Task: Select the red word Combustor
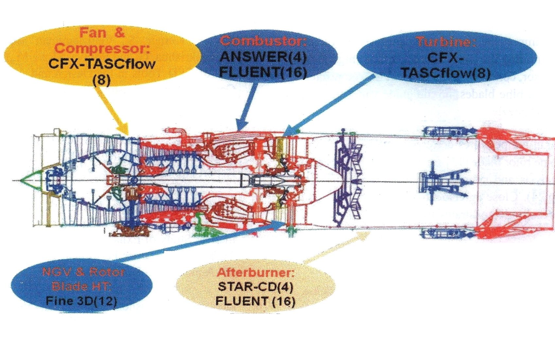pos(263,41)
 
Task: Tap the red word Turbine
pos(445,42)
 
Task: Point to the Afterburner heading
pos(255,272)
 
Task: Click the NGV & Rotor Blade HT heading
pos(83,279)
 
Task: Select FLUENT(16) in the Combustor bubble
pos(263,72)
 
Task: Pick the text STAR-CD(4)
pos(255,287)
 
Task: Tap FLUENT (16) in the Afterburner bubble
pos(255,301)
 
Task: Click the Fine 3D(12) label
pos(81,300)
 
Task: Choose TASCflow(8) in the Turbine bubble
pos(445,73)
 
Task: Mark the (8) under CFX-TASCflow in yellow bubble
pos(101,80)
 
